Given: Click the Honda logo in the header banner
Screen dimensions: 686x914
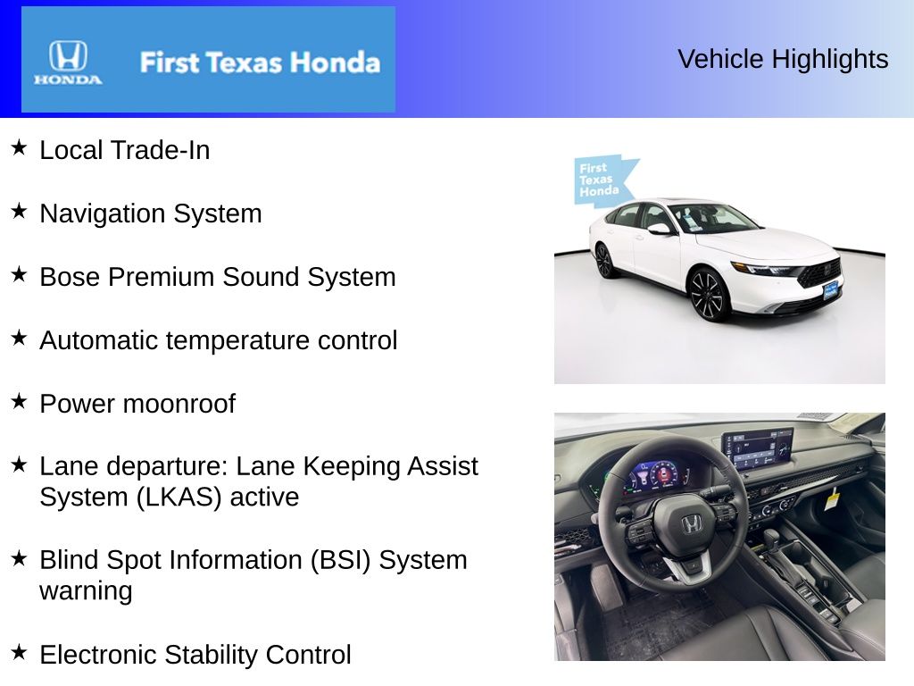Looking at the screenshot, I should pos(68,62).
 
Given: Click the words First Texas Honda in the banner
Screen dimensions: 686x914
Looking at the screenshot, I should pos(259,63).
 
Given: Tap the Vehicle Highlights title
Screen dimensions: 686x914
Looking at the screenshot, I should pos(783,59).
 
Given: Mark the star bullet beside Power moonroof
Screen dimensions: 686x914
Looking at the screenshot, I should pos(19,401).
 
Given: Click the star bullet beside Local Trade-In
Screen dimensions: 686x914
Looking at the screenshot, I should pos(19,147).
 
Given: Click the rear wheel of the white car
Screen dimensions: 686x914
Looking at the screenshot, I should pos(603,260).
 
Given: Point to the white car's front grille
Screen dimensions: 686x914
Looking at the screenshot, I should pos(818,272).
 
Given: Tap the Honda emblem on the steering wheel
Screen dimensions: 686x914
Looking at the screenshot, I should pos(693,524).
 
